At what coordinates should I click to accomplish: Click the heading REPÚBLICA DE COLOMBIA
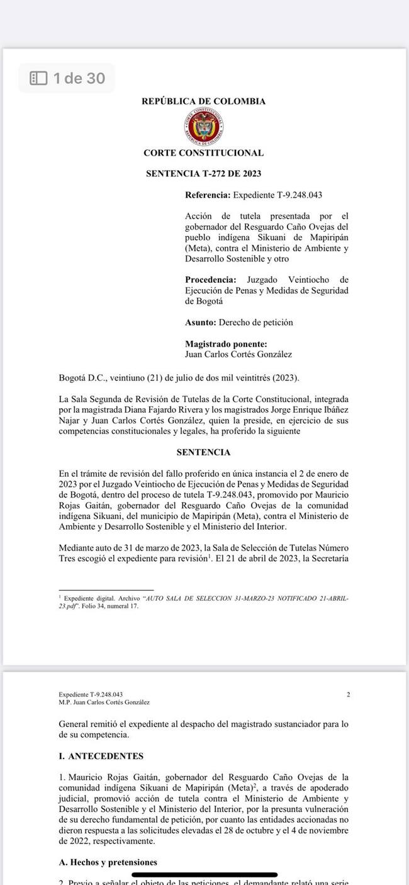pyautogui.click(x=203, y=101)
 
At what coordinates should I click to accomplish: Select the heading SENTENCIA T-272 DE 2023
pyautogui.click(x=203, y=174)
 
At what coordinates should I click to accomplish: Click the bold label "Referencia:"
pyautogui.click(x=208, y=196)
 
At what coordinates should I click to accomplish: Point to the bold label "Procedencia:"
pyautogui.click(x=211, y=280)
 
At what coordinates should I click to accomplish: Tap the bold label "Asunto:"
pyautogui.click(x=200, y=323)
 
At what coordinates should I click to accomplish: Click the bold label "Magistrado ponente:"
pyautogui.click(x=226, y=344)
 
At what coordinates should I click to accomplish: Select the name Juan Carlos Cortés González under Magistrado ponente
pyautogui.click(x=238, y=354)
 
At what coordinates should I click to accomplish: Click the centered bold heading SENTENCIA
pyautogui.click(x=203, y=452)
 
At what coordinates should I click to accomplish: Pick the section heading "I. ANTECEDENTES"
pyautogui.click(x=101, y=756)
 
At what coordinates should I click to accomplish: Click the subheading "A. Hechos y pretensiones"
pyautogui.click(x=108, y=862)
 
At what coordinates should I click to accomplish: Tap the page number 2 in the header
pyautogui.click(x=348, y=694)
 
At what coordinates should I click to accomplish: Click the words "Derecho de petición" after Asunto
pyautogui.click(x=255, y=323)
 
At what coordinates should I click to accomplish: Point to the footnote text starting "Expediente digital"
pyautogui.click(x=202, y=600)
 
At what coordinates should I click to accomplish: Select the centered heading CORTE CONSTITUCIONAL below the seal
pyautogui.click(x=203, y=153)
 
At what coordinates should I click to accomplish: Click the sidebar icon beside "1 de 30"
pyautogui.click(x=39, y=78)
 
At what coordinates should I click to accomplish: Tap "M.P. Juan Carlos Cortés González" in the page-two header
pyautogui.click(x=104, y=702)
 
